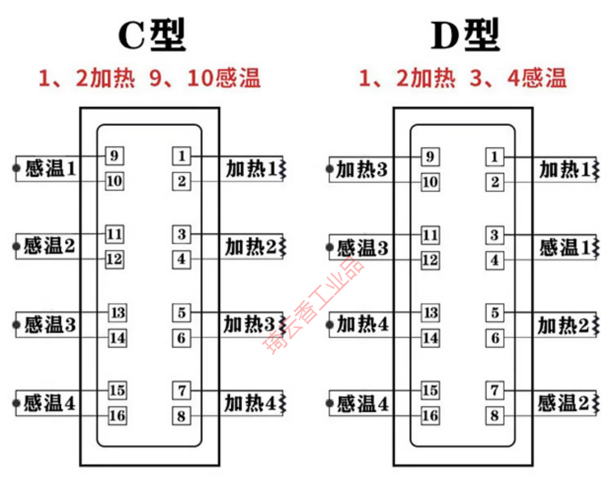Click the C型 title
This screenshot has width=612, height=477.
tap(151, 35)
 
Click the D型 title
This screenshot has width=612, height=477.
tap(465, 35)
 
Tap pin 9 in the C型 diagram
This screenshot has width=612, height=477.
tap(114, 156)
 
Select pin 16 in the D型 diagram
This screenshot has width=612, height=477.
tap(430, 416)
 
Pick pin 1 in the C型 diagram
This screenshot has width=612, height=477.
tap(182, 156)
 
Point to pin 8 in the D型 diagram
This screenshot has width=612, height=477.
tap(494, 416)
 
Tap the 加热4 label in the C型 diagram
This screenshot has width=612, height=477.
tap(250, 403)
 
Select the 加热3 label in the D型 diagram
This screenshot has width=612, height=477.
tap(361, 169)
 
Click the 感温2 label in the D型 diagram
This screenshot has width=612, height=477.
tap(563, 403)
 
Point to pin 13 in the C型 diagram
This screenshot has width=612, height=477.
tap(118, 313)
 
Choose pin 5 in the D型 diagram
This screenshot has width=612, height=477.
tap(494, 313)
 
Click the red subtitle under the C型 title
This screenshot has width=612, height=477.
tap(149, 78)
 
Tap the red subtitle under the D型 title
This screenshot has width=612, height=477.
tap(463, 78)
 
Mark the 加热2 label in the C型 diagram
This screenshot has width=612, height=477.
tap(251, 247)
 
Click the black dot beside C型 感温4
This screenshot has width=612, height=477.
tap(16, 403)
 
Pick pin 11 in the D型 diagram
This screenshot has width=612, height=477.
tap(430, 235)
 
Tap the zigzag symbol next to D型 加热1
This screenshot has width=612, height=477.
tap(596, 169)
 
